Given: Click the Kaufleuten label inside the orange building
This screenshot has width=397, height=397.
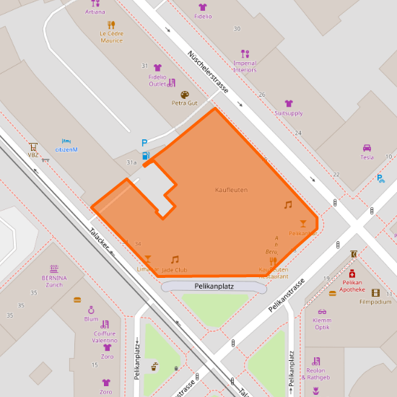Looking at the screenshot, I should click(231, 189).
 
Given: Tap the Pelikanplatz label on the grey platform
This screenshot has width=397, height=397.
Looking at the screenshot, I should click(214, 287).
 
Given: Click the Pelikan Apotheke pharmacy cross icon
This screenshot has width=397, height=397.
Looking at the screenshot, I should click(353, 274).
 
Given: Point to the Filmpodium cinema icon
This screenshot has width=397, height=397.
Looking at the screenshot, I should click(375, 292).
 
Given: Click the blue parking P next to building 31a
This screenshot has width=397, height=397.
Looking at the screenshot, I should click(144, 143).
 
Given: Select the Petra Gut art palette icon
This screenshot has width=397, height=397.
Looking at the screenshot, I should click(184, 94).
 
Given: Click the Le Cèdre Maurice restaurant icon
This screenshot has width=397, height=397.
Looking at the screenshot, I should click(111, 24).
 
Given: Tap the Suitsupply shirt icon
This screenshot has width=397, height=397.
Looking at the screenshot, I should click(289, 104).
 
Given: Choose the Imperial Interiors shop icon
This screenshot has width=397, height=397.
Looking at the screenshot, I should click(245, 53).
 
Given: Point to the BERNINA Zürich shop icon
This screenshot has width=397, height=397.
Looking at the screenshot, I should click(53, 269).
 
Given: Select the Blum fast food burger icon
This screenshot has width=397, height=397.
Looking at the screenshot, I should click(78, 300).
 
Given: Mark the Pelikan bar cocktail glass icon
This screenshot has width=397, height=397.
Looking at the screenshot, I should click(303, 224).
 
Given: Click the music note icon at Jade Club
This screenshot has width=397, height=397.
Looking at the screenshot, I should click(175, 259).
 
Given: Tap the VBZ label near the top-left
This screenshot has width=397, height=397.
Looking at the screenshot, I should click(33, 154).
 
